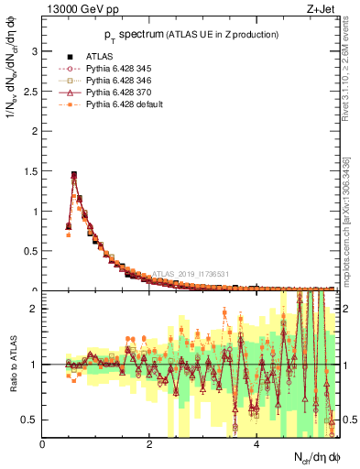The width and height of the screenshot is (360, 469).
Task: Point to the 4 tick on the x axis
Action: click(256, 444)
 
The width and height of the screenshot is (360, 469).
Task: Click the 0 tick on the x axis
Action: click(42, 444)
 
